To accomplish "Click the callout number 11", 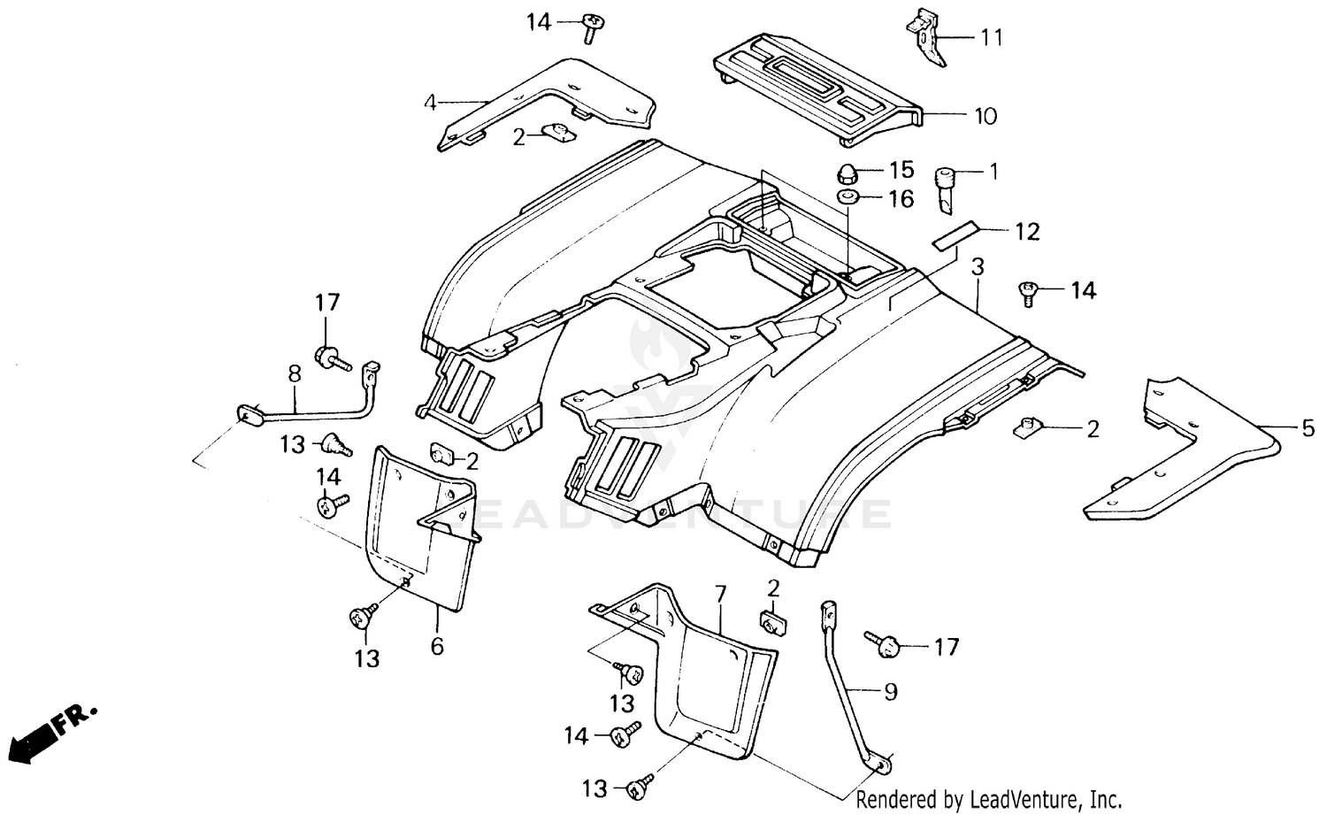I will point(991,37).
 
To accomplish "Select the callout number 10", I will point(985,116).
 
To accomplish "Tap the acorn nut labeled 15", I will point(848,171).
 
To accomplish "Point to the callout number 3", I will point(977,265).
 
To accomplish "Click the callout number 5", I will point(1308,429).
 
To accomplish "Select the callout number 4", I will point(430,103).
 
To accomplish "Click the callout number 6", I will point(437,646).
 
